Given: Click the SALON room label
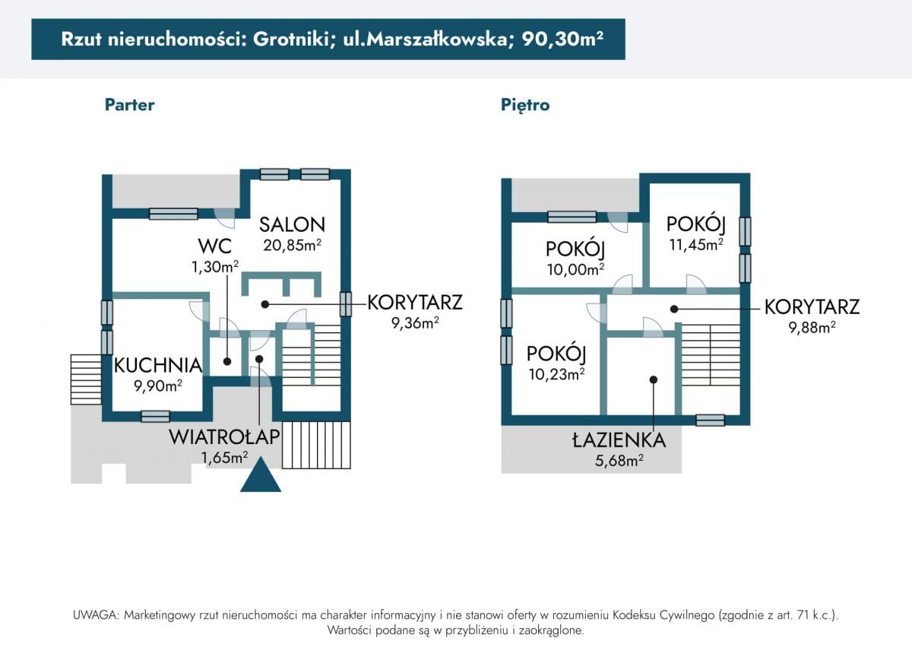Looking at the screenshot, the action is [293, 224].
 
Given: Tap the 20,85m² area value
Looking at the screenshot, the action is [293, 245].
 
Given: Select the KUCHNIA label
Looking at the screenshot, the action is [158, 366].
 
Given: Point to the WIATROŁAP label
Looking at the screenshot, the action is [224, 437].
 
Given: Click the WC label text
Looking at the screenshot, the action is [215, 246].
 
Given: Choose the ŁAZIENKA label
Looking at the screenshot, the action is [619, 440].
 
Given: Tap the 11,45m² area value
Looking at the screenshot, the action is [696, 244].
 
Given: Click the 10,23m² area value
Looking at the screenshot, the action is [556, 374].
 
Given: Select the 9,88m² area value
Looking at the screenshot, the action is [812, 327].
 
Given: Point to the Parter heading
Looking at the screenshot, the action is [129, 105].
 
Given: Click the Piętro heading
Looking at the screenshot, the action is [525, 105].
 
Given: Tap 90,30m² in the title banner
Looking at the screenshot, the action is [562, 39].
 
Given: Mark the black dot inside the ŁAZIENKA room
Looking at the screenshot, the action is [654, 379].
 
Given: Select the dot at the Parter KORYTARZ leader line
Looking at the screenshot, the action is [265, 304].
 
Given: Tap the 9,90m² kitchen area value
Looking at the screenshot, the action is [158, 386].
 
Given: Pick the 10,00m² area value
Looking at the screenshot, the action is [575, 269].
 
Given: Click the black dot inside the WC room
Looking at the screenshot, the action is [227, 361].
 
